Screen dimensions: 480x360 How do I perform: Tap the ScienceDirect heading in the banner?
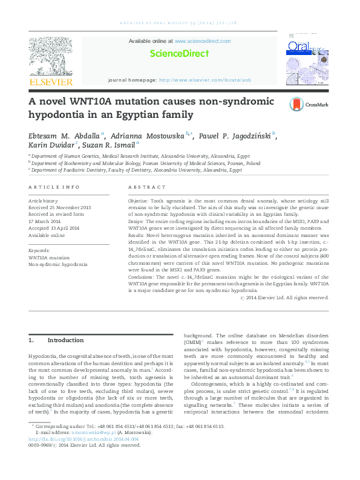pyautogui.click(x=180, y=53)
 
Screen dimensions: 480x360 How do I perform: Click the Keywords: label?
pyautogui.click(x=39, y=250)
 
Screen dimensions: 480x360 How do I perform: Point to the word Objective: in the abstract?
pyautogui.click(x=139, y=199)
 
